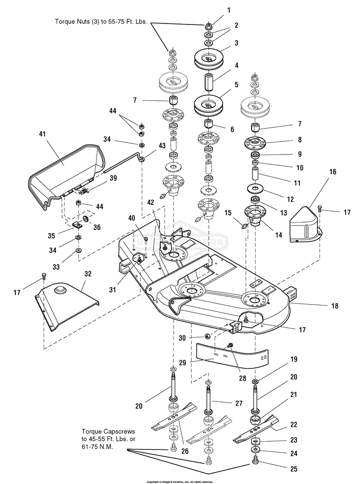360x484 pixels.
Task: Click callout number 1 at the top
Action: (229, 10)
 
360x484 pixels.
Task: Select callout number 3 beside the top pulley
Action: (236, 43)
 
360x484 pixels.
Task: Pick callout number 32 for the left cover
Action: (87, 273)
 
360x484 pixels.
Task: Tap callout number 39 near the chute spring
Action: (113, 177)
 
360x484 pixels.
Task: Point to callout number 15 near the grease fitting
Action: (228, 212)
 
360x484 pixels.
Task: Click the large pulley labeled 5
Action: (210, 106)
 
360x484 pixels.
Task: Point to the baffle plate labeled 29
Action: (230, 355)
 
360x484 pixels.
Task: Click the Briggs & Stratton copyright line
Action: (180, 481)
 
